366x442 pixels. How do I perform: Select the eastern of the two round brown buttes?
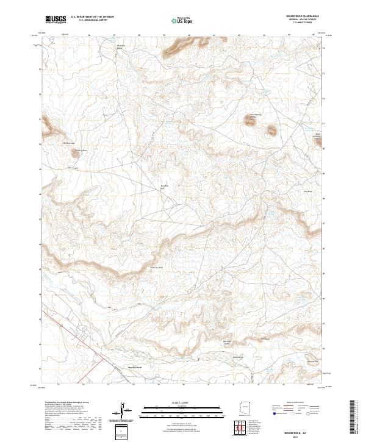tap(270, 129)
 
